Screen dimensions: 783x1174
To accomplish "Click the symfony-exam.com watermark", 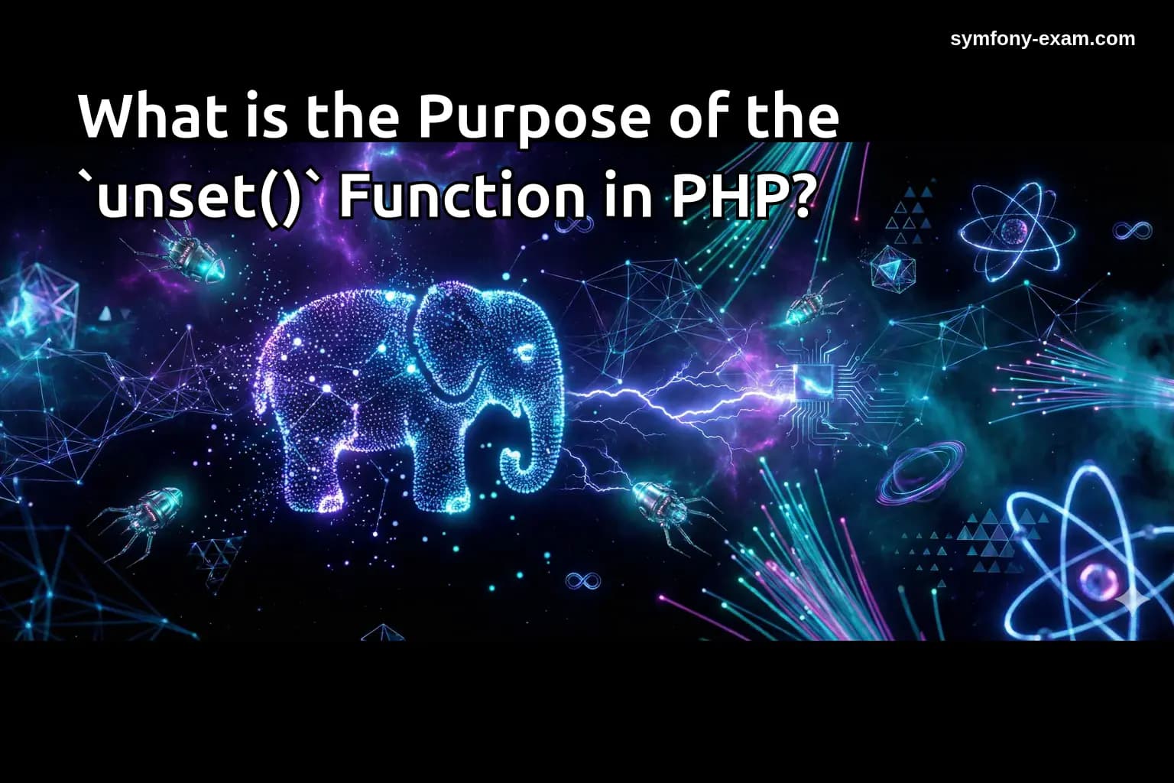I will [x=1043, y=39].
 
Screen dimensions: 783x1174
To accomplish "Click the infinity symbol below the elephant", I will [x=582, y=581].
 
